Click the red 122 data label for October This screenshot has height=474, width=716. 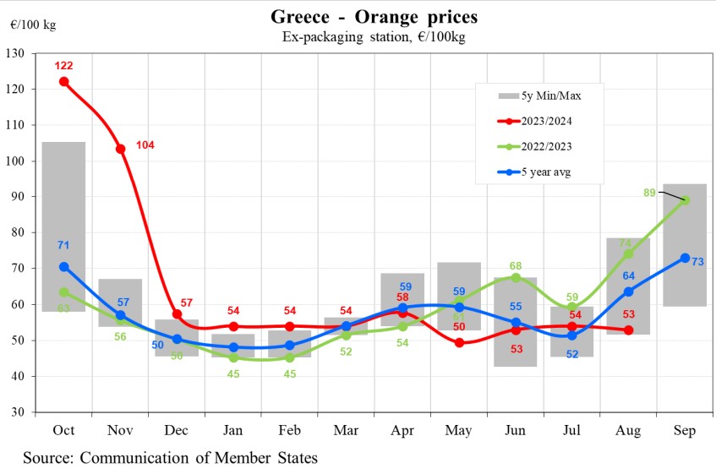[64, 66]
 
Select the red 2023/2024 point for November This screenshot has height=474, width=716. [121, 149]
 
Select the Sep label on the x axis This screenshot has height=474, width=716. [685, 431]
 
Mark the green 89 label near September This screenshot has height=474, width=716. [650, 193]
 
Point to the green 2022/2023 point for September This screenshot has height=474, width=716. [685, 200]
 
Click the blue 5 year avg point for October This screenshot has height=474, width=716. [64, 266]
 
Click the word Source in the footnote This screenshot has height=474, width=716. [50, 458]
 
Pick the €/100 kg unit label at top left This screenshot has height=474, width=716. [33, 25]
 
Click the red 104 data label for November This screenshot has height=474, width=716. [145, 145]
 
